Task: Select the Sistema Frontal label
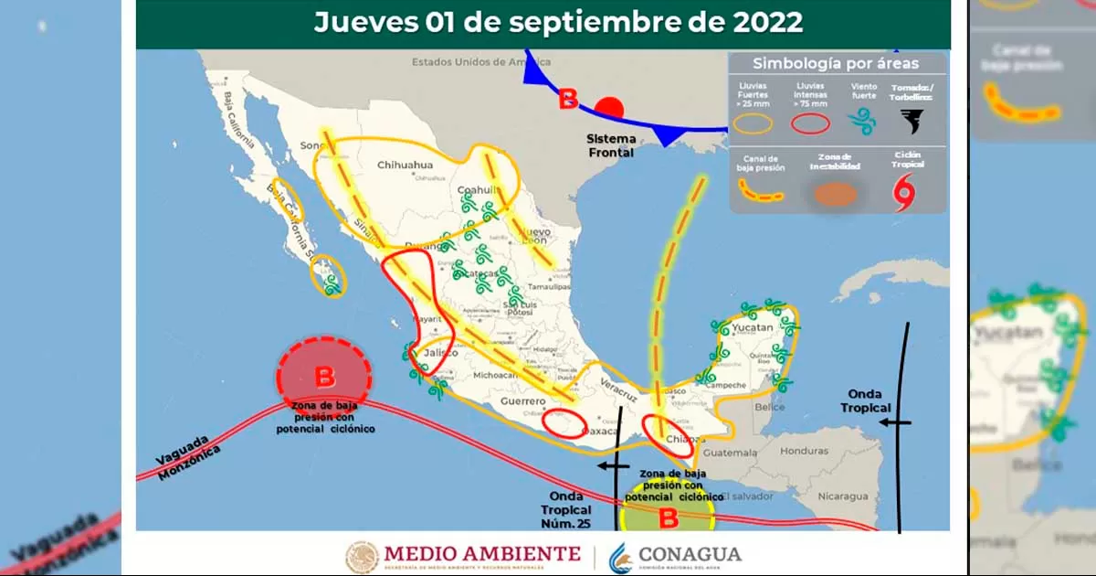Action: click(610, 145)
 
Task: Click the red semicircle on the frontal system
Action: click(609, 108)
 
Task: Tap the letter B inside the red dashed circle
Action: click(324, 376)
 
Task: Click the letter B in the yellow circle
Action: click(669, 518)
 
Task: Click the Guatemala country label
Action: click(731, 452)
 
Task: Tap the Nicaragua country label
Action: click(841, 496)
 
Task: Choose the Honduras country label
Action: click(804, 451)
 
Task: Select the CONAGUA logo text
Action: click(690, 554)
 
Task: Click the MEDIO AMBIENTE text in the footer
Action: click(482, 553)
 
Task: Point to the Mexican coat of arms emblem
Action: click(362, 556)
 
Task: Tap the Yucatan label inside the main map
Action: click(752, 327)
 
